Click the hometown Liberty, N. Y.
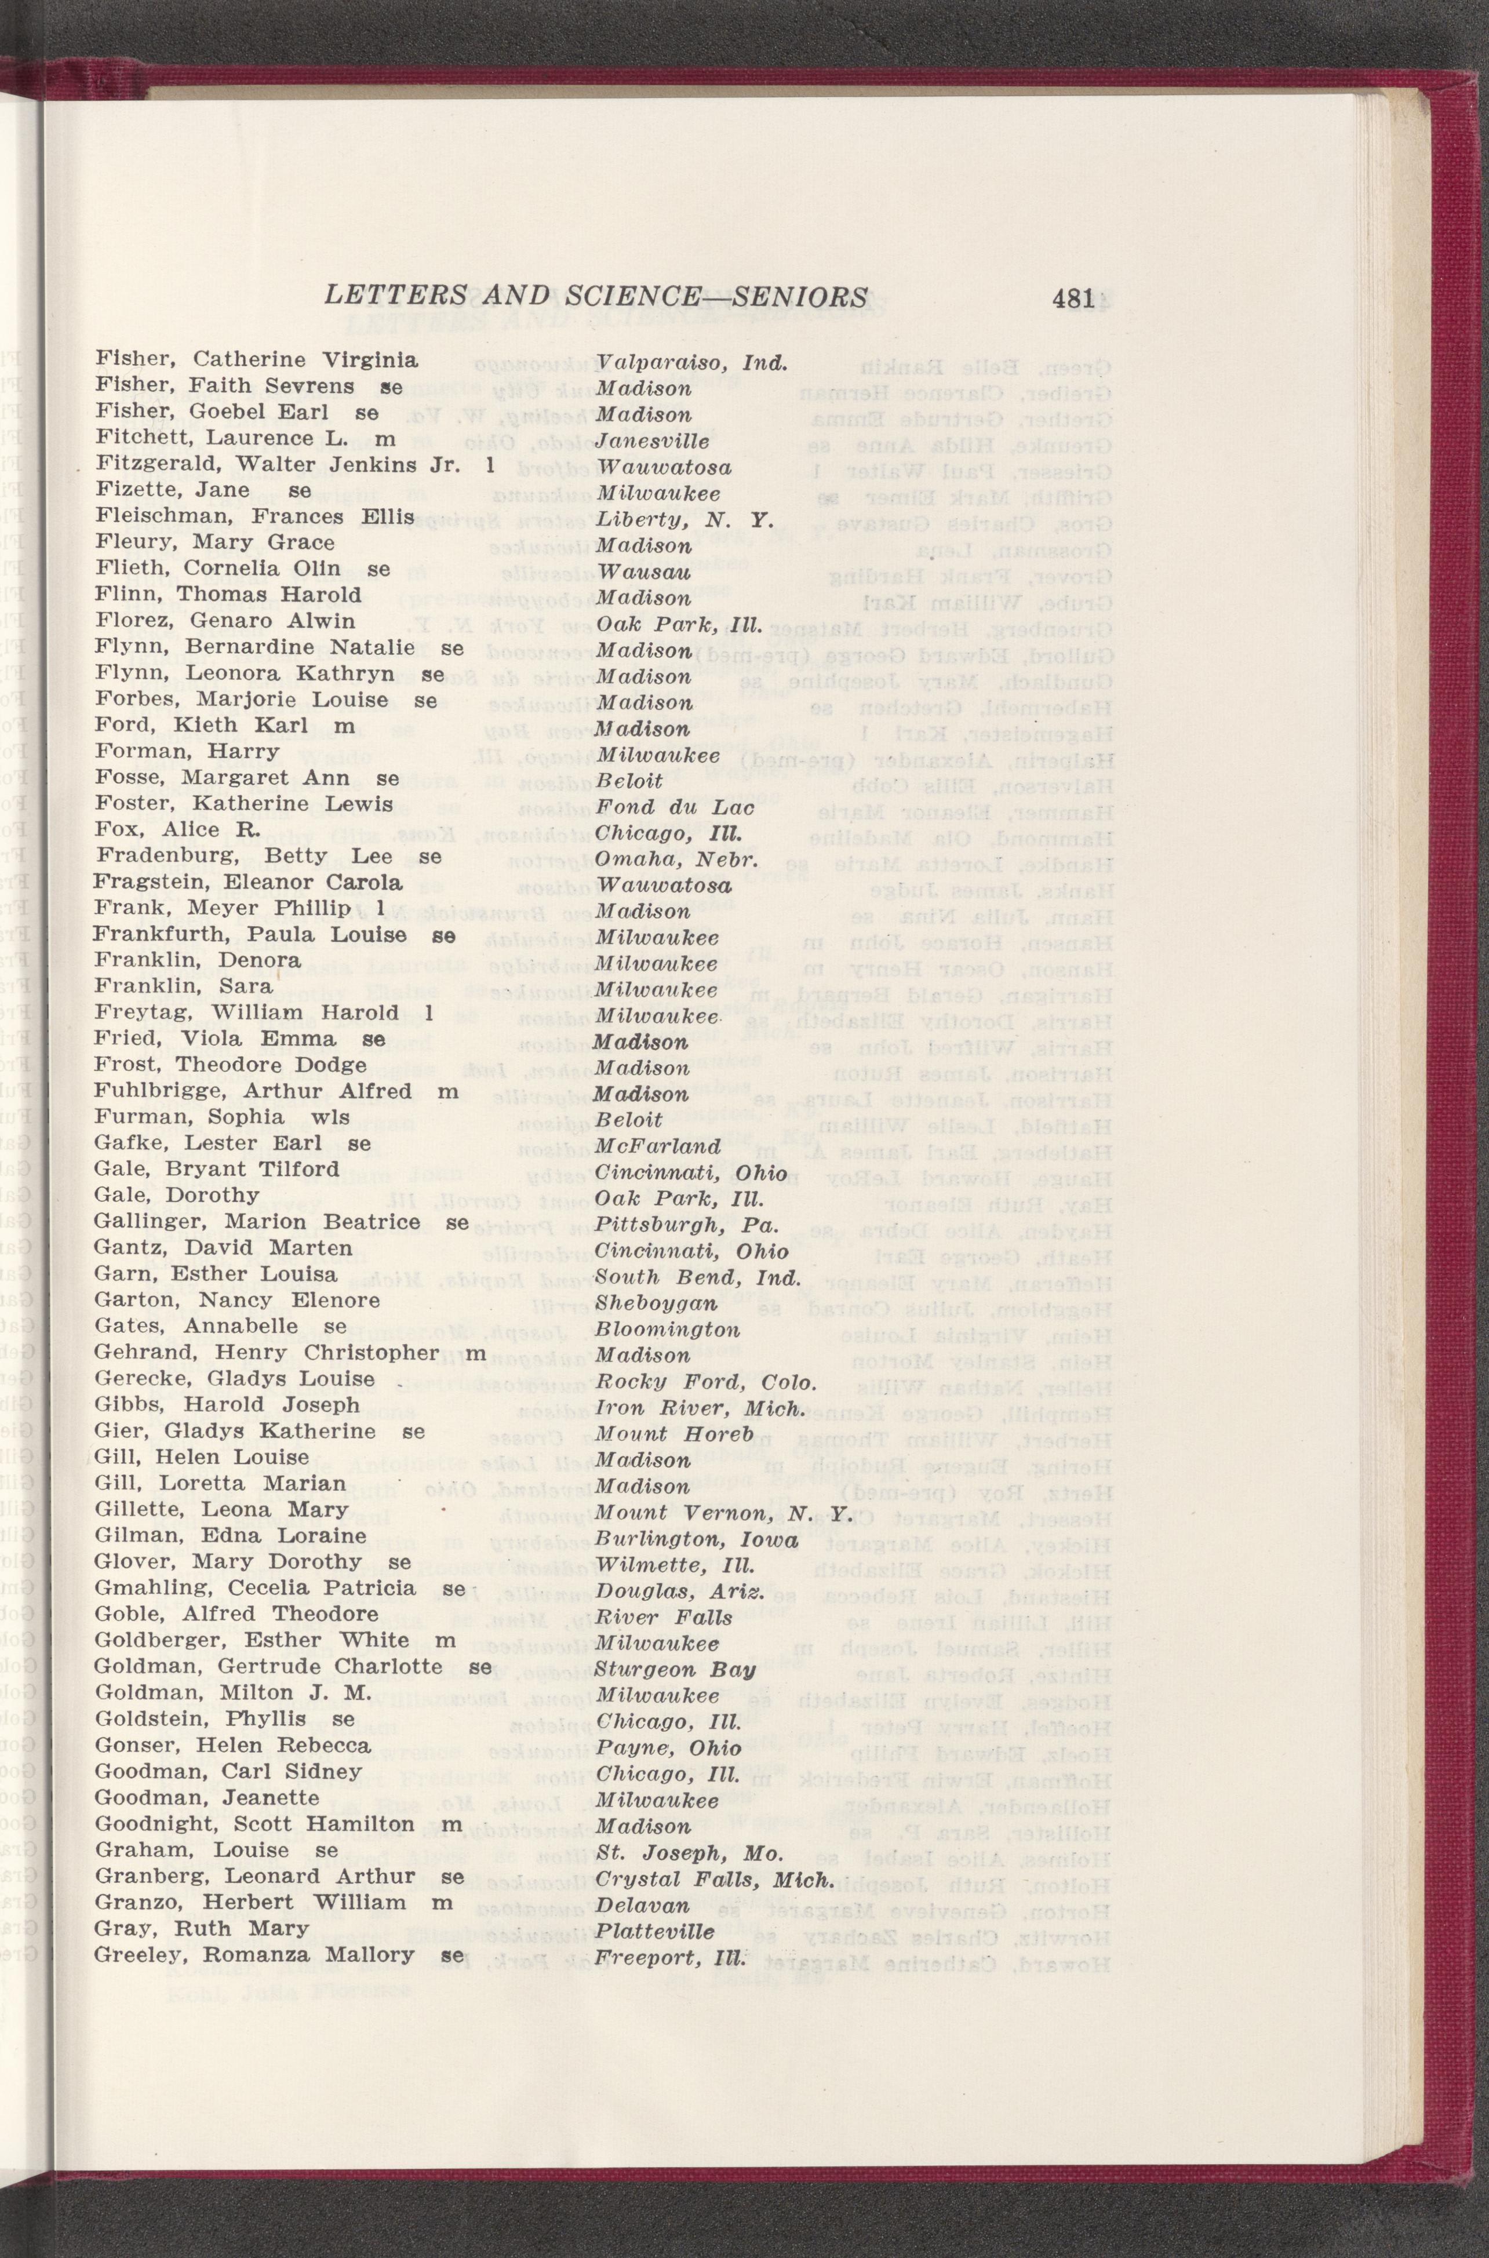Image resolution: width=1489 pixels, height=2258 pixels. tap(685, 519)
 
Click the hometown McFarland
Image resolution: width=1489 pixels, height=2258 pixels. tap(658, 1146)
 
